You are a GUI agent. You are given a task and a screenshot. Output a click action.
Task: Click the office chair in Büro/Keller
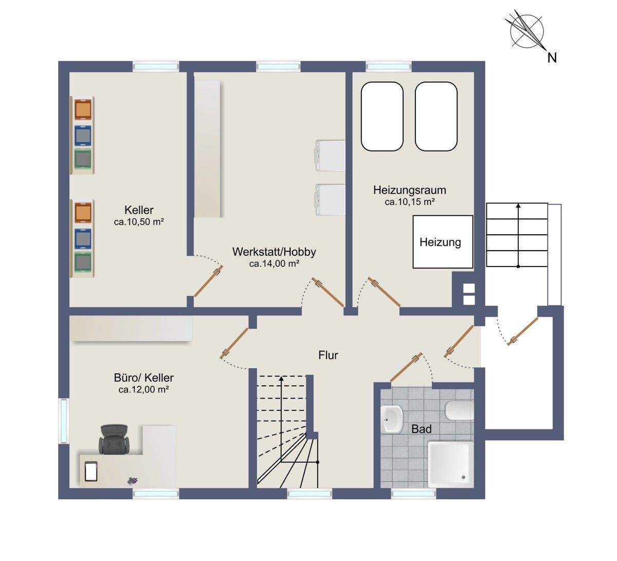coord(114,439)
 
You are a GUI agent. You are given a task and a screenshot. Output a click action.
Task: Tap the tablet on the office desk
coord(90,472)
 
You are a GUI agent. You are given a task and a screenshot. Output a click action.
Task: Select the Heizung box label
coord(440,242)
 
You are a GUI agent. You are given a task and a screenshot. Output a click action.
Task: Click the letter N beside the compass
coord(552,58)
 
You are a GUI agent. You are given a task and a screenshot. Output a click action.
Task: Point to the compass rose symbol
coord(527,31)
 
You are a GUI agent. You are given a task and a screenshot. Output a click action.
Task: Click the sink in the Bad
coord(392,419)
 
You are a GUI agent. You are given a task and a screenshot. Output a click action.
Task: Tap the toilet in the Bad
coord(460,410)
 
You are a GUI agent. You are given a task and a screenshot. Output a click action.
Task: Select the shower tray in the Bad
coord(450,464)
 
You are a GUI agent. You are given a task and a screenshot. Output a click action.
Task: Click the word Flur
coord(328,356)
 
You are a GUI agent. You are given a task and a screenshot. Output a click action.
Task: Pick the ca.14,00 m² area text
coord(275,264)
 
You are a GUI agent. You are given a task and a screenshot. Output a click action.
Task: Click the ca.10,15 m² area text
coord(410,202)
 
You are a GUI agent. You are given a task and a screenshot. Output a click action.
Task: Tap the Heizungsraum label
coord(410,190)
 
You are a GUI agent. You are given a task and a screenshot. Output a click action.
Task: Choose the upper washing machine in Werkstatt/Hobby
coord(330,156)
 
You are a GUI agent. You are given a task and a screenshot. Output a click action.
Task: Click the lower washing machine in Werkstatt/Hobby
coord(330,200)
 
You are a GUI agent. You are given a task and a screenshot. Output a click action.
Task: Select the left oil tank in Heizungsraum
coord(382,117)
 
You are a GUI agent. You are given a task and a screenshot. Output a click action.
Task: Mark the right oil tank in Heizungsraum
coord(436,117)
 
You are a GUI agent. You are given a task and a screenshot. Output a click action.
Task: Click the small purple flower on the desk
coord(133,480)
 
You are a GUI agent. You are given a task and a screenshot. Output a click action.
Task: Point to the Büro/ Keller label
coord(143,378)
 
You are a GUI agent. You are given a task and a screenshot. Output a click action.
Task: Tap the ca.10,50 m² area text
coord(139,221)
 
